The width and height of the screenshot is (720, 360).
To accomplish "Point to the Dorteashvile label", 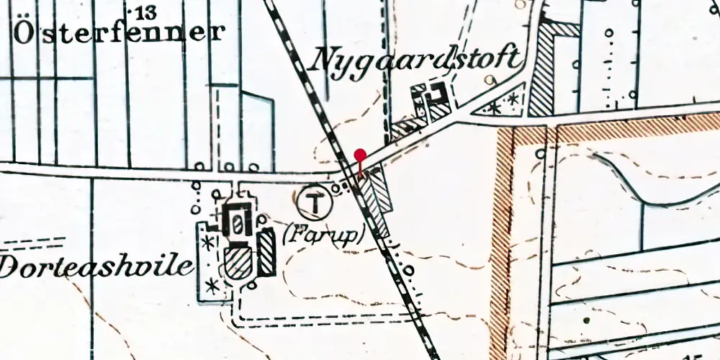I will point(97,266).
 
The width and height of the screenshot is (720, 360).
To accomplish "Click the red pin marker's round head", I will point(361,154).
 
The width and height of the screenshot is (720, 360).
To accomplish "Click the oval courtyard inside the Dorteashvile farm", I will point(235,222).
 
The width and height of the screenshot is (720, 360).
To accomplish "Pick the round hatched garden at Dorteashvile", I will point(238,264).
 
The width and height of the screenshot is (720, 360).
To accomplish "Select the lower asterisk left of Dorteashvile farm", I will point(212,286).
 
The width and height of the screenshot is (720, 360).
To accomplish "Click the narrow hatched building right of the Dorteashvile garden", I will point(267,252).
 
